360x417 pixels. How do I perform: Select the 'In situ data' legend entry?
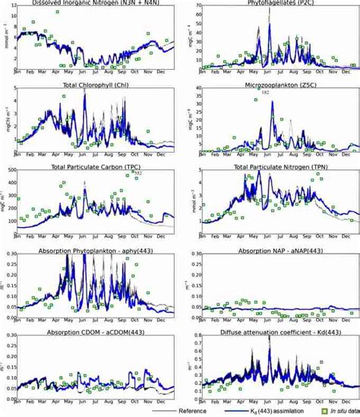[x=334, y=411]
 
